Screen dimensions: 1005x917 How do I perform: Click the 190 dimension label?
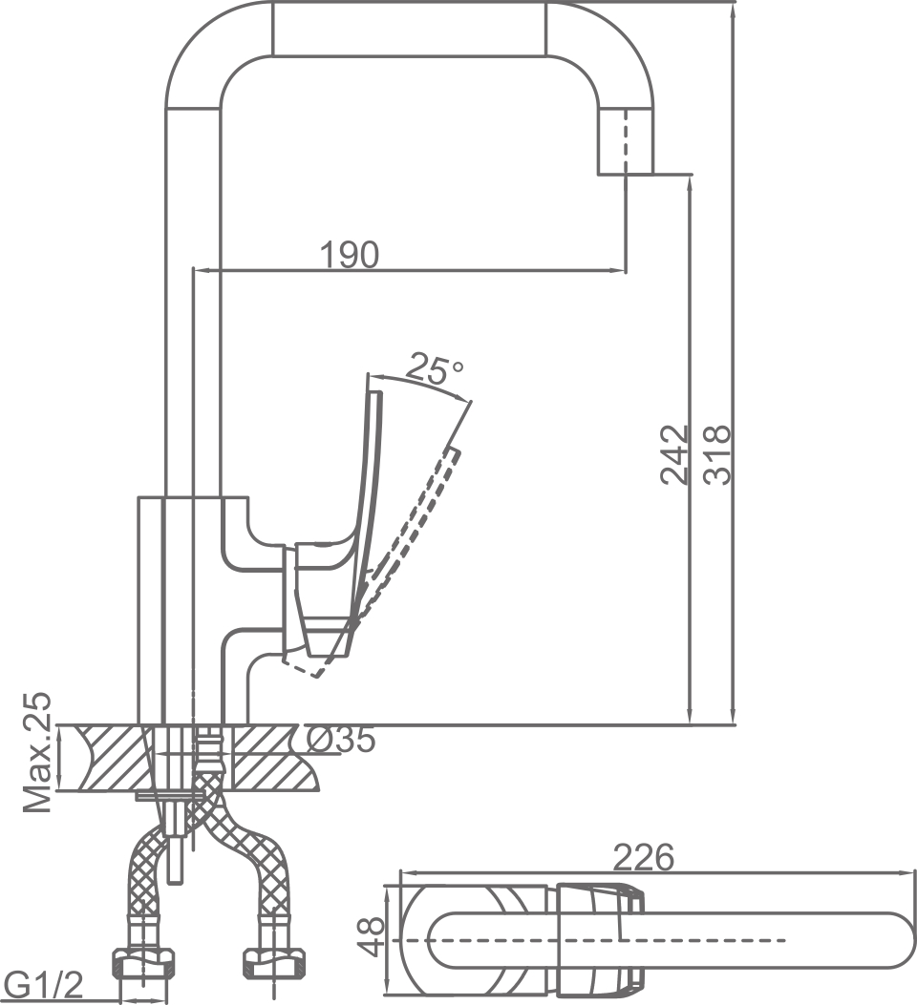(349, 254)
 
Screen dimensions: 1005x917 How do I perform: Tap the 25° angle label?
(436, 368)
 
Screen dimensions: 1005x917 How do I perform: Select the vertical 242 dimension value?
(675, 454)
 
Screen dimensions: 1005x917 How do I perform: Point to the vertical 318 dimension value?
(717, 454)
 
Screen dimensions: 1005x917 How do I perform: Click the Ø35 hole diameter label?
(341, 740)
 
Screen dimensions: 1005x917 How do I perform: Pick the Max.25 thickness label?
(38, 754)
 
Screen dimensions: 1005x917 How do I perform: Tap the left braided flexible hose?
(143, 878)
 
